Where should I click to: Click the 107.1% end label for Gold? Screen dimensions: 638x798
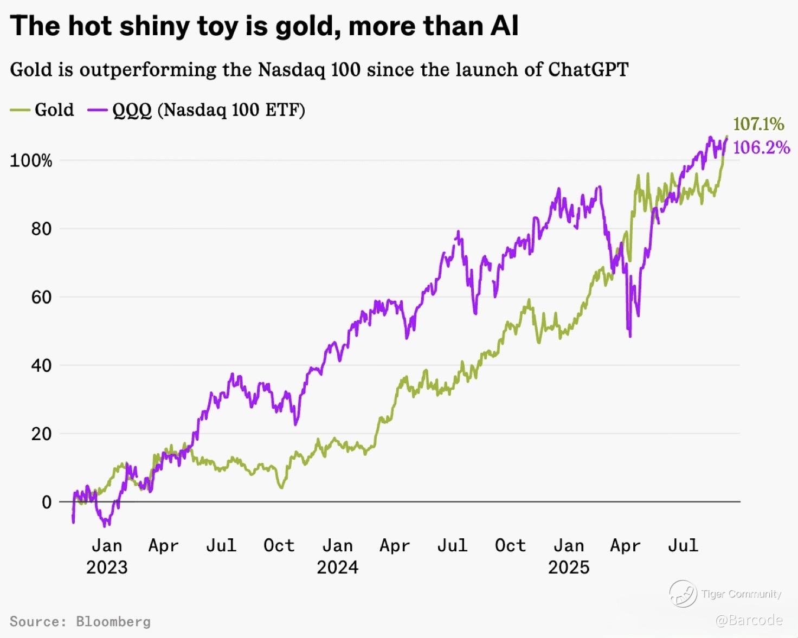point(758,124)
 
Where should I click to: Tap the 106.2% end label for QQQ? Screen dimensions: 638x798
point(761,147)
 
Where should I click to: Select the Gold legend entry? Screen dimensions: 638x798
point(54,110)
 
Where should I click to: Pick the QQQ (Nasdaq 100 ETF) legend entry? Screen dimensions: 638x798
point(208,110)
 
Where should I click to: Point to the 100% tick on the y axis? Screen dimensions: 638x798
point(31,160)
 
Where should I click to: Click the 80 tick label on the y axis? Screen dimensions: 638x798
point(41,229)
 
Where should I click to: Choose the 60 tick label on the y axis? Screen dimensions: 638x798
point(41,297)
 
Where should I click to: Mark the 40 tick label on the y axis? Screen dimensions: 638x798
point(41,365)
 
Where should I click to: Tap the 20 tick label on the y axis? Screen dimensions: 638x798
point(41,434)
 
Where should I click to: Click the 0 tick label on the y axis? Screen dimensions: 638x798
point(47,502)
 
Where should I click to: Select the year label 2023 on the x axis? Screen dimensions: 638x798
point(107,567)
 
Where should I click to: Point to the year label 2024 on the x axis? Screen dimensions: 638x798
point(337,567)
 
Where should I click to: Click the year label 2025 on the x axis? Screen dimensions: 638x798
point(568,567)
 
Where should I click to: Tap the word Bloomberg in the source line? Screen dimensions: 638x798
point(113,621)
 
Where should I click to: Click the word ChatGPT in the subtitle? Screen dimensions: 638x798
point(588,69)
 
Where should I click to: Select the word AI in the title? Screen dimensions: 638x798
point(504,25)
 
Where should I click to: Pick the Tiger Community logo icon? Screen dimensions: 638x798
point(683,594)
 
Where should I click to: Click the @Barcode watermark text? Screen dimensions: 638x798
point(749,620)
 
